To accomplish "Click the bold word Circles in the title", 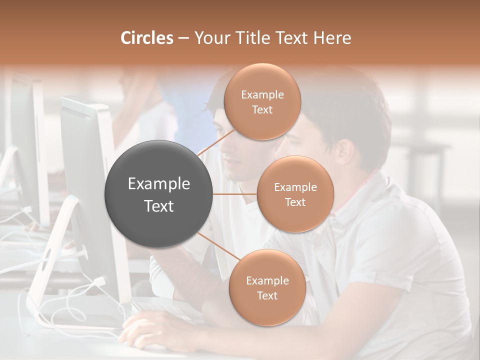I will (146, 38).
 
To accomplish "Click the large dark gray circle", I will (158, 194).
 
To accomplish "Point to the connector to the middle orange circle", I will (235, 194).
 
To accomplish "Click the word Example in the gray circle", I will (158, 184).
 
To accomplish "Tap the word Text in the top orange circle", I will (262, 109).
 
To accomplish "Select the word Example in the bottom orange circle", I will (267, 280).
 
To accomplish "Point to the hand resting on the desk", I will (150, 330).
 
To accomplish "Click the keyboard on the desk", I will (160, 310).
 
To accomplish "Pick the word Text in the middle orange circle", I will (295, 202).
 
